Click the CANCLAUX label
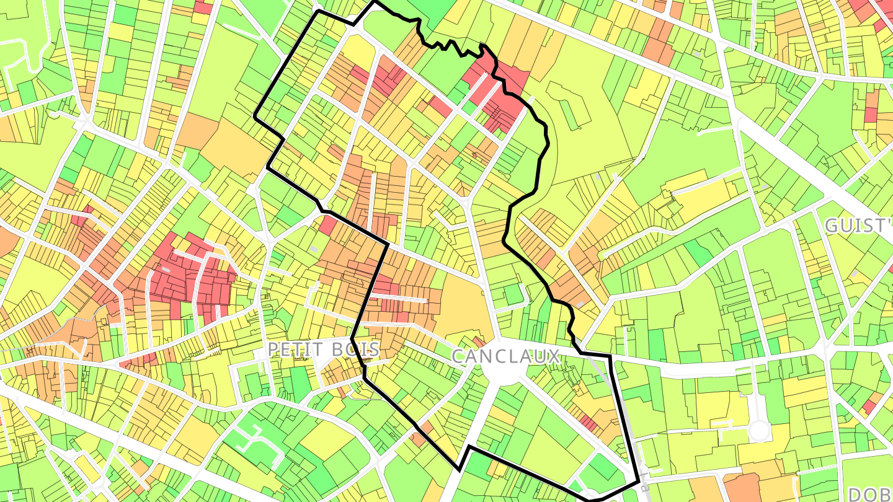coord(505,356)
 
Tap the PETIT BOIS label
coord(314,349)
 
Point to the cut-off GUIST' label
coord(858,225)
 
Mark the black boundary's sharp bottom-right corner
coord(638,481)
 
